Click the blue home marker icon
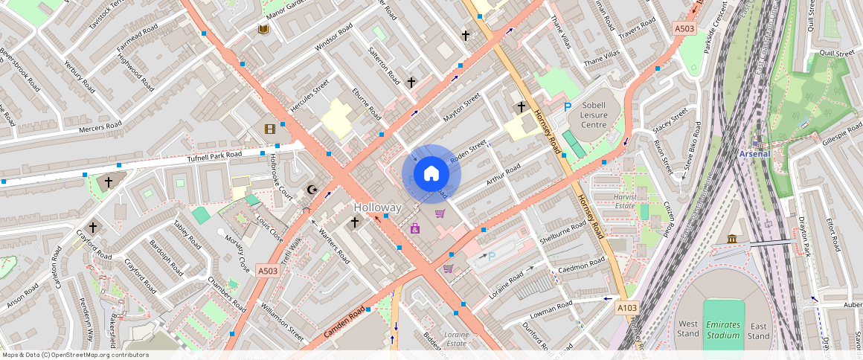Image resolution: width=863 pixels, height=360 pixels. click(431, 174)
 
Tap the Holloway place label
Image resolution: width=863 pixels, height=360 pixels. click(377, 207)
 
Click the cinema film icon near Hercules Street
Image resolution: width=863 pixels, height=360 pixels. click(269, 129)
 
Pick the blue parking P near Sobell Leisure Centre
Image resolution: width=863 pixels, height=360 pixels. click(567, 108)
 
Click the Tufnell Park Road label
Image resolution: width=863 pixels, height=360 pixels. click(215, 157)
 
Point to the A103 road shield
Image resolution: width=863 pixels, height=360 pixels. click(626, 306)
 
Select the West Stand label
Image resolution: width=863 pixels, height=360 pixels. click(688, 329)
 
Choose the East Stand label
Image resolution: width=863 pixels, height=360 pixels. click(759, 330)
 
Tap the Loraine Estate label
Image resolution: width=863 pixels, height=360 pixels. click(456, 338)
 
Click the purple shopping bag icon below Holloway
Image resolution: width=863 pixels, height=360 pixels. click(414, 228)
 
